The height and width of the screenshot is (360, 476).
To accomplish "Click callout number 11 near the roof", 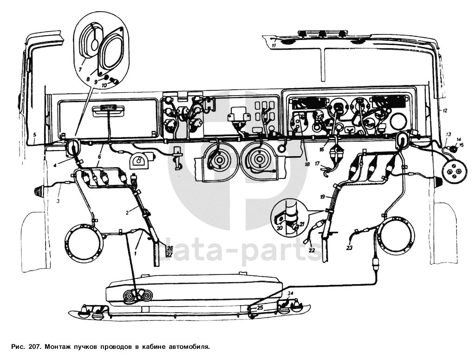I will coord(274,46).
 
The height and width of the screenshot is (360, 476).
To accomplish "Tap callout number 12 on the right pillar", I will coord(444,111).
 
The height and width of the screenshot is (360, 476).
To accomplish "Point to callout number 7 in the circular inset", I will coord(80,69).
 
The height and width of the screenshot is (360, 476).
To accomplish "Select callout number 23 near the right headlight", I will coord(349,248).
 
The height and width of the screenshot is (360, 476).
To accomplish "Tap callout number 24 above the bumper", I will coord(291,293).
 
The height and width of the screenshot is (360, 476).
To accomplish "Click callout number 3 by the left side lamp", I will coord(59,201).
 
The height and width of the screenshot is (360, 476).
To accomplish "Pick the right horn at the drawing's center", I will coord(255,160).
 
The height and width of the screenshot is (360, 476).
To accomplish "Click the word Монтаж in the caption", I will coord(55,346).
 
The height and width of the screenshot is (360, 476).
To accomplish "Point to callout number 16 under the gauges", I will coord(321,150).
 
